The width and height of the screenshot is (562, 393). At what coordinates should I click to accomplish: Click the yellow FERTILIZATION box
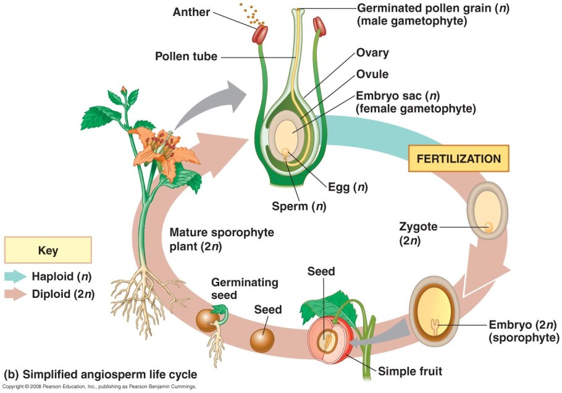459,159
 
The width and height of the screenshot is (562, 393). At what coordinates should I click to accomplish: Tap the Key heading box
48,250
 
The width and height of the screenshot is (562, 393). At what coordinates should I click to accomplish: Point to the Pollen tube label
186,57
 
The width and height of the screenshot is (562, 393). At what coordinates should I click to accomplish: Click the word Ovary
372,53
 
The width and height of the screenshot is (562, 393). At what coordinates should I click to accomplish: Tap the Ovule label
372,74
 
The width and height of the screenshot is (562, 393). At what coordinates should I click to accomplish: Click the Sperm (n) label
299,206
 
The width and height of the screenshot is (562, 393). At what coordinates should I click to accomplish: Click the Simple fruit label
411,371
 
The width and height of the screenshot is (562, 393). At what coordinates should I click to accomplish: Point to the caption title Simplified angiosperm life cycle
101,374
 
